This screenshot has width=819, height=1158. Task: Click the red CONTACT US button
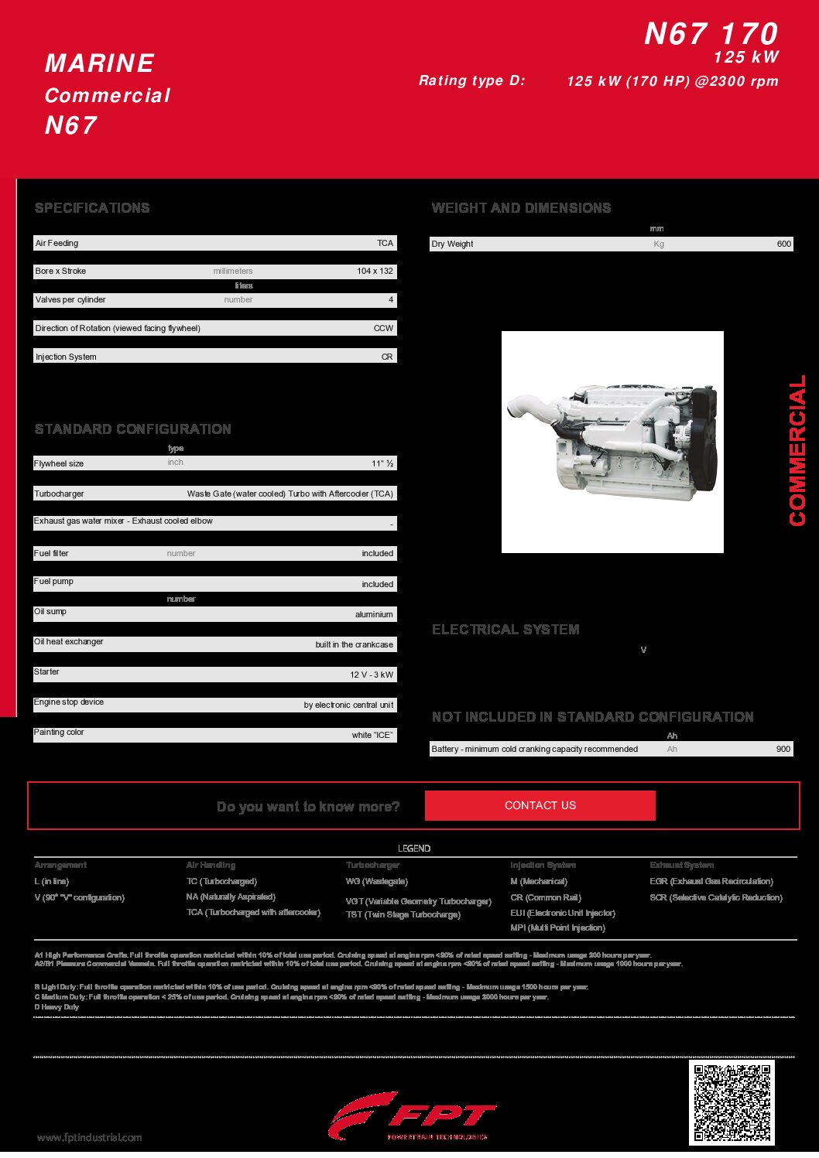click(540, 805)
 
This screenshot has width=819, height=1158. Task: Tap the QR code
click(731, 1102)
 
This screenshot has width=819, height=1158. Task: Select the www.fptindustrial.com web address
click(90, 1137)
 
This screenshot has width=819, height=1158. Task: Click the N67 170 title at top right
click(711, 34)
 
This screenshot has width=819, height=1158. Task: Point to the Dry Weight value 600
click(783, 244)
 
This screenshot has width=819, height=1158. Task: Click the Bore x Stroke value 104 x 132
click(375, 272)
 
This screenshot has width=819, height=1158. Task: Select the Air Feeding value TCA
click(385, 243)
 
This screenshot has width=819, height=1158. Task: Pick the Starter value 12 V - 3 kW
click(371, 675)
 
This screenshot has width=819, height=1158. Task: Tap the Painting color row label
click(59, 732)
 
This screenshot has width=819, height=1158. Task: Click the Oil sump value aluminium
click(374, 614)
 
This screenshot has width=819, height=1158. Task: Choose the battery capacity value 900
click(783, 749)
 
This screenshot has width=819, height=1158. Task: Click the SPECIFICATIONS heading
click(92, 208)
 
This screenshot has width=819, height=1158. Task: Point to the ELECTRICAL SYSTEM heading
click(505, 630)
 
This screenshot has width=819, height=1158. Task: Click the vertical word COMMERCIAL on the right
click(797, 451)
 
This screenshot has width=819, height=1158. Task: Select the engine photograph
click(612, 442)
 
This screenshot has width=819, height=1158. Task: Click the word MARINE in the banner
click(100, 63)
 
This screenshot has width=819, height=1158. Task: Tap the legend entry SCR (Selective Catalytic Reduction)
click(716, 897)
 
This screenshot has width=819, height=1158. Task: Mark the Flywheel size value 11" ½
click(382, 463)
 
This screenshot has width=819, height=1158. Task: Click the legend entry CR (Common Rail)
click(546, 897)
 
